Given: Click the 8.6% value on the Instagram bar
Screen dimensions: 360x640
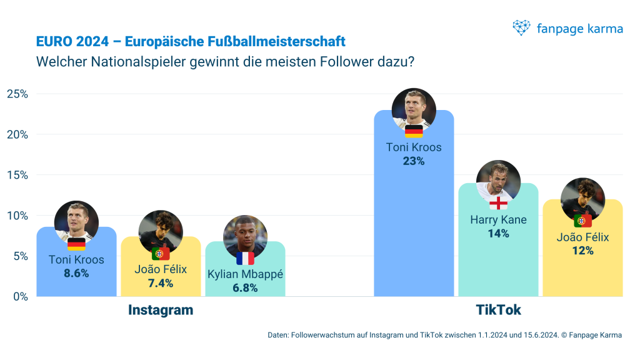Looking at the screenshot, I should (x=76, y=273).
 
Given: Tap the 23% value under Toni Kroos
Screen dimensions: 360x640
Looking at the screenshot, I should (x=414, y=161).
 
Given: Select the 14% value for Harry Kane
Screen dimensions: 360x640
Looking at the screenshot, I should (x=498, y=233).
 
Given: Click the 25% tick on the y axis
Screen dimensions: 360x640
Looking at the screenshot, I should (x=17, y=94).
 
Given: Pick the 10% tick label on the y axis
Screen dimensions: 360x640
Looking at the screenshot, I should (x=17, y=216).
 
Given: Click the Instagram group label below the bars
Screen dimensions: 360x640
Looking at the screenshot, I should (x=161, y=310).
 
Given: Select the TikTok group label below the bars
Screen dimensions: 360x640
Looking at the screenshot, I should (x=498, y=310).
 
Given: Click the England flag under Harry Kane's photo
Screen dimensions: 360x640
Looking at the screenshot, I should (x=498, y=204).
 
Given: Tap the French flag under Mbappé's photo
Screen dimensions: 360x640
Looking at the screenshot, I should (x=245, y=258).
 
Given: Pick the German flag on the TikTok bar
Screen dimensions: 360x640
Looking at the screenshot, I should (x=414, y=131).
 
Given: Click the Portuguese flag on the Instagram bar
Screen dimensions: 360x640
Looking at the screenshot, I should (x=161, y=254).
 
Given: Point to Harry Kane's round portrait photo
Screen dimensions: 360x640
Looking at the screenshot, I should (x=498, y=181).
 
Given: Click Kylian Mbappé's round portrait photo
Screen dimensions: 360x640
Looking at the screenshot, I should (x=245, y=236).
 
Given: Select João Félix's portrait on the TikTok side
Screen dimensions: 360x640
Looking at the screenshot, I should (x=582, y=199).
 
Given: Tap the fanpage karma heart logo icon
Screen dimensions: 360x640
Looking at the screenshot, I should (x=521, y=27).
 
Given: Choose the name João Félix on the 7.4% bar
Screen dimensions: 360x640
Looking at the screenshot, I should (x=161, y=270).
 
